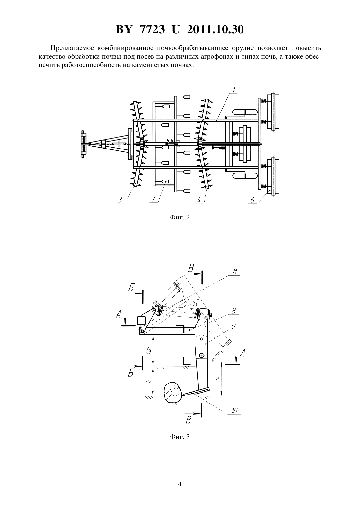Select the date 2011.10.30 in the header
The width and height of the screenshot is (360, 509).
(215, 29)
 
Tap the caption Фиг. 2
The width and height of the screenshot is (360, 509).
(180, 218)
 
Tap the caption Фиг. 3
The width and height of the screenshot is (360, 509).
(180, 437)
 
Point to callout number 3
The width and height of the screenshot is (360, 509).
(120, 200)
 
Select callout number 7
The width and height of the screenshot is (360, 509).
(154, 199)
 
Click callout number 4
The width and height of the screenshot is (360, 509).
(199, 200)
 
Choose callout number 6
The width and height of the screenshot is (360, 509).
(252, 200)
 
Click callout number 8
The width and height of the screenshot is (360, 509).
(234, 311)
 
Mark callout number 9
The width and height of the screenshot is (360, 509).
(233, 326)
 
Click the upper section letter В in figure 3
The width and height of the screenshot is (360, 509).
(191, 269)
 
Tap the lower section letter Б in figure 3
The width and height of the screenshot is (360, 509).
(131, 373)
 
